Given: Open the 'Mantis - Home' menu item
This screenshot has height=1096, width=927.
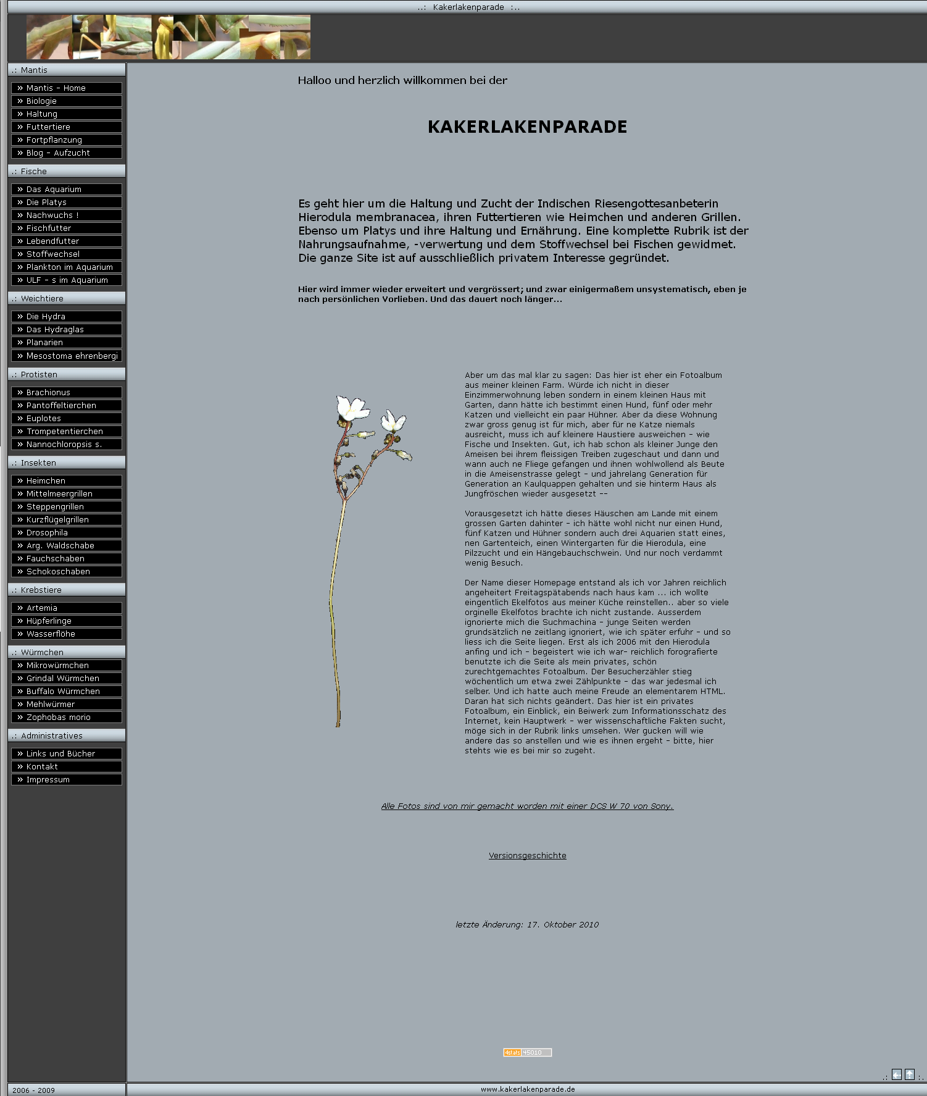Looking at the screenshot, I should coord(66,88).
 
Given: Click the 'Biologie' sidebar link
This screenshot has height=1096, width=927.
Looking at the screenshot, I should coord(66,101).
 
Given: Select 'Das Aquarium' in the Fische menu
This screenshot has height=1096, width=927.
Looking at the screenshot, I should coord(66,190).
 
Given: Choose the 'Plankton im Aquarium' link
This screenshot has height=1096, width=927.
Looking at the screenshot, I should coord(66,267).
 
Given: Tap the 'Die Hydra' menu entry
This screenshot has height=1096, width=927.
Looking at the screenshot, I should coord(66,317).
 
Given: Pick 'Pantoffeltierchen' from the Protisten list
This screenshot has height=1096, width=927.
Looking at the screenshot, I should coord(66,406).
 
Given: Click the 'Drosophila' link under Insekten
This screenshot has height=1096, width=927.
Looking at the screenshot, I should coord(66,533).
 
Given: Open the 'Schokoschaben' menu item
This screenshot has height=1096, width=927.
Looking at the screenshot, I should coord(66,572).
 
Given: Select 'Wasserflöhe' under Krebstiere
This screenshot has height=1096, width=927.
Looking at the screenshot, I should coord(66,634).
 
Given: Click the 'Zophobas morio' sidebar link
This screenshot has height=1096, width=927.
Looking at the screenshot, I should coord(66,717).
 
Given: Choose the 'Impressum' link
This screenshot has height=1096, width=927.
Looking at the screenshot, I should coord(66,780).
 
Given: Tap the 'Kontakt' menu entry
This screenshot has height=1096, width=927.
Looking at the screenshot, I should coord(66,767).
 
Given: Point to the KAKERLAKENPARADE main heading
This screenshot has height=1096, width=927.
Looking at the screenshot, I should coord(527,127).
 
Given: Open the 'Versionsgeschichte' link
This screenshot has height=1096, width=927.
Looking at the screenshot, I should coord(527,856).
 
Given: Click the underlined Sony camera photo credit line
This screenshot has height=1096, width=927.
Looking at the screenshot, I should coord(527,806).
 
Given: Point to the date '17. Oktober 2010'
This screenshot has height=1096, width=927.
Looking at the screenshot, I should coord(562,925).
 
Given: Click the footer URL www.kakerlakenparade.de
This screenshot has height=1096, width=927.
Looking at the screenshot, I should coord(528,1089).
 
